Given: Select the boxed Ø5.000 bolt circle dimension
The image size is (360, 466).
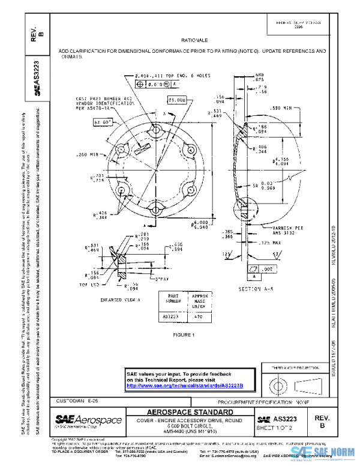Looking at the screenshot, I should tap(177, 100).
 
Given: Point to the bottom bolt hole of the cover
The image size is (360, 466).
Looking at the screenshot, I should tap(155, 210).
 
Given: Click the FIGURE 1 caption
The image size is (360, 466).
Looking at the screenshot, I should tap(184, 334).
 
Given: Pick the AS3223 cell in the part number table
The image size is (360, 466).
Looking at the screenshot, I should tap(170, 316).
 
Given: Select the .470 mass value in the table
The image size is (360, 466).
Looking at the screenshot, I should tap(195, 316).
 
